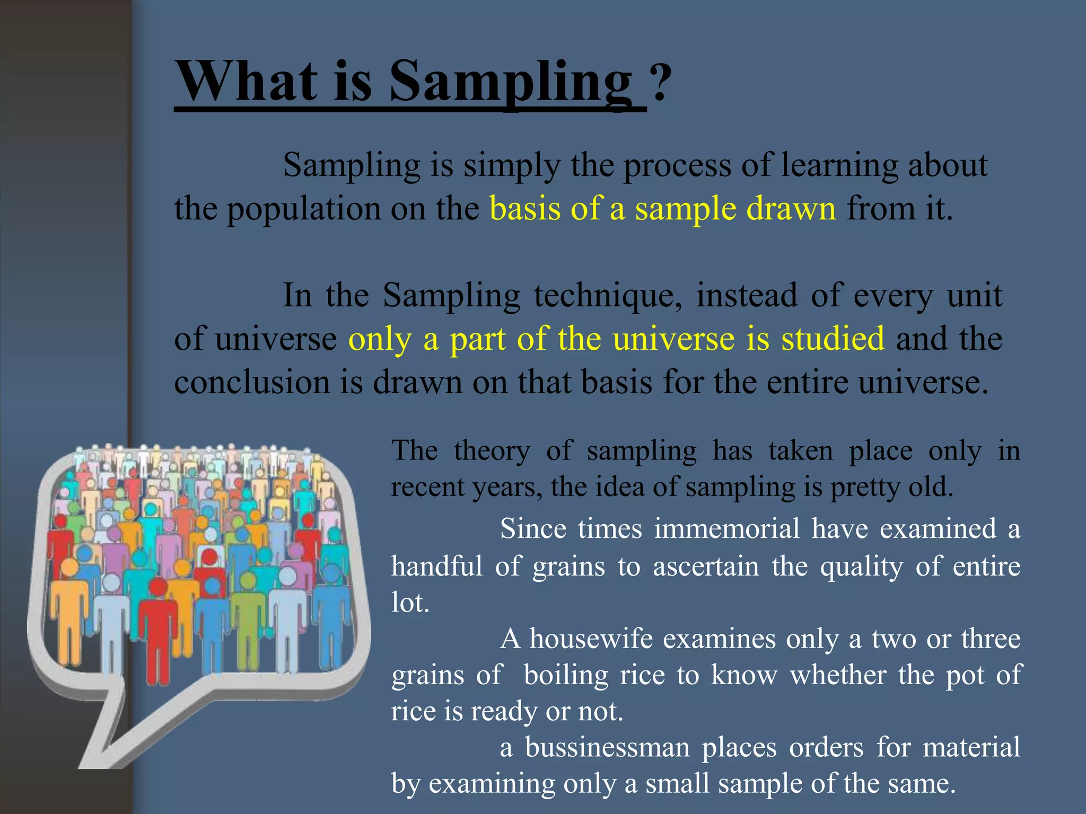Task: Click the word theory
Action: point(492,451)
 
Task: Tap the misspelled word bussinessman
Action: point(608,747)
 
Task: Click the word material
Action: point(971,747)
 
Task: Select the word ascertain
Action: point(706,566)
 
